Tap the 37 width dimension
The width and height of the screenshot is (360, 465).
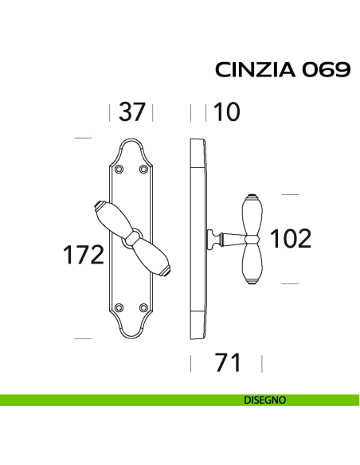pyautogui.click(x=131, y=112)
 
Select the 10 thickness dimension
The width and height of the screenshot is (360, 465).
pyautogui.click(x=226, y=112)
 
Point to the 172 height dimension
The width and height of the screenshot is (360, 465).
pyautogui.click(x=84, y=255)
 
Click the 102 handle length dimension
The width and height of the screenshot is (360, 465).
pyautogui.click(x=291, y=238)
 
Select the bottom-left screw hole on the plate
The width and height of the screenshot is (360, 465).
pyautogui.click(x=119, y=307)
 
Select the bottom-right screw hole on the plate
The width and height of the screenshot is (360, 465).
pyautogui.click(x=144, y=307)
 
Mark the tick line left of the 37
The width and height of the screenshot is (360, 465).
pyautogui.click(x=110, y=112)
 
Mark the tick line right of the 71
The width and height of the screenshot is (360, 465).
pyautogui.click(x=262, y=364)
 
